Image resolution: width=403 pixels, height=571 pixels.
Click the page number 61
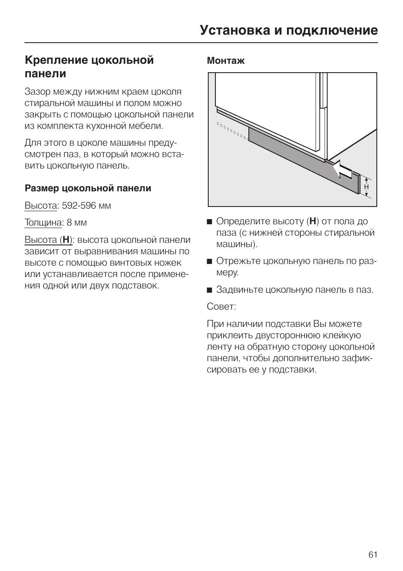coord(373,554)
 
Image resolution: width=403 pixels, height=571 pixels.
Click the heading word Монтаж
coord(226,61)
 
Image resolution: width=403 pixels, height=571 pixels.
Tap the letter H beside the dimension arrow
coord(366,187)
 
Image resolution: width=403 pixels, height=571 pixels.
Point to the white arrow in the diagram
coord(342,171)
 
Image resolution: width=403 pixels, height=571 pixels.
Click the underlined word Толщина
coord(43,223)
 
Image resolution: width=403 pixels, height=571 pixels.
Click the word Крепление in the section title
coord(56,60)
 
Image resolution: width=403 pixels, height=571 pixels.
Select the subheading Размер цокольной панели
coord(88,188)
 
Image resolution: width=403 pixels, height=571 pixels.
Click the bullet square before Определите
coord(209,222)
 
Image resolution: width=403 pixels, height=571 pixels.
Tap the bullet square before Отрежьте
coord(209,261)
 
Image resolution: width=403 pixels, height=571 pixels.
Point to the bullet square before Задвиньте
coord(209,290)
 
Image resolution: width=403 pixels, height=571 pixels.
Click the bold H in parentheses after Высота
coord(66,240)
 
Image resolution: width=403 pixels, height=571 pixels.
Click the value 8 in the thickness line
coord(69,223)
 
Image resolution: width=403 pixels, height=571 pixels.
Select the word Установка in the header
coord(235,30)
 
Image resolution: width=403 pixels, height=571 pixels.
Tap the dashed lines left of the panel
coord(232,131)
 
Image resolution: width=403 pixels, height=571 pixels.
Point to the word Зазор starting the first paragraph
coord(37,92)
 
